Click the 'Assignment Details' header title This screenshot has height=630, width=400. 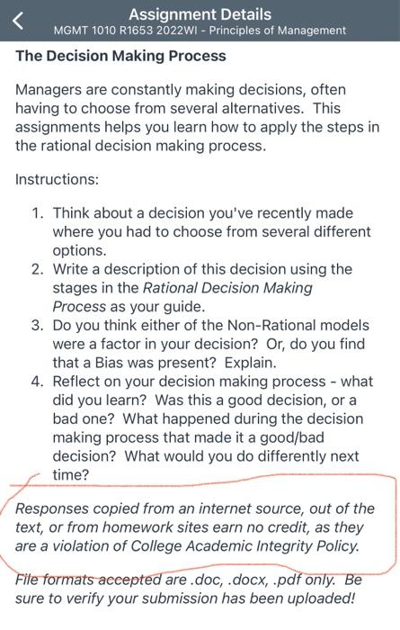(200, 13)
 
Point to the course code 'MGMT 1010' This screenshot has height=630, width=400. (84, 31)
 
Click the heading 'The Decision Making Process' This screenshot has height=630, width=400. (120, 56)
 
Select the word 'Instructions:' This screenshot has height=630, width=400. (57, 179)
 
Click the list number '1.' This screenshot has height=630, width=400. (38, 213)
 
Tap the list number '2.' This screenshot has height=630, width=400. (38, 269)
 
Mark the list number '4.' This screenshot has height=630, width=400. (38, 381)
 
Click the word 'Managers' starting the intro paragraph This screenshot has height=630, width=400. (49, 90)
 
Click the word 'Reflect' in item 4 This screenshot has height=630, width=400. (79, 381)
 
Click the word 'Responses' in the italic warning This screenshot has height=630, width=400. (57, 508)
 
